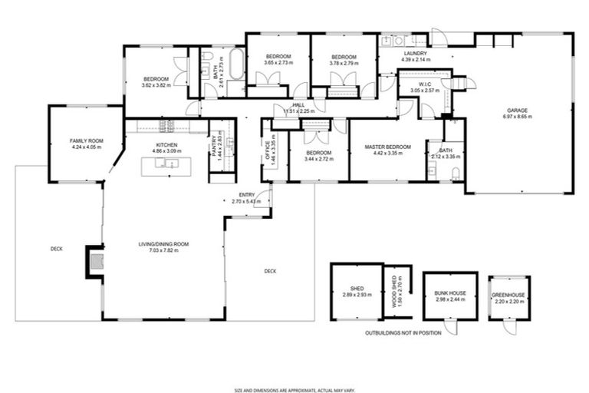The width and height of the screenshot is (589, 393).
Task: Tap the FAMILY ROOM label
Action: [x=86, y=141]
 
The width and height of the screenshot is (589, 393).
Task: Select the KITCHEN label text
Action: [x=167, y=145]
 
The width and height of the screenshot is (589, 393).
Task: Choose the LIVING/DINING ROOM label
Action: [x=163, y=244]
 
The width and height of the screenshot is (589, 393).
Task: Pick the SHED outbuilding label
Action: [x=355, y=289]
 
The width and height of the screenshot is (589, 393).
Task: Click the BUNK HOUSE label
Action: [x=449, y=292]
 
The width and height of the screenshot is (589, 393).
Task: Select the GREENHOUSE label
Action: [x=508, y=296]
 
